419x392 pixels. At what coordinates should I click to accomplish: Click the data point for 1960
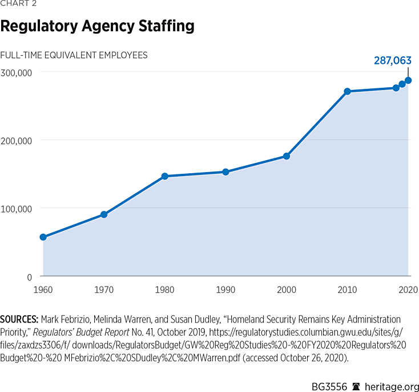[43, 237]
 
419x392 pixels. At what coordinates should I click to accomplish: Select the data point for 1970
[104, 215]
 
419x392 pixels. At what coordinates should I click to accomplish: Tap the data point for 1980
[164, 177]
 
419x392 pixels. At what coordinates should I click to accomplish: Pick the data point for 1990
[225, 172]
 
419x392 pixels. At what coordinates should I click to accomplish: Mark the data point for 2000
[287, 156]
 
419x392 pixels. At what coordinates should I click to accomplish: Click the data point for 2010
[347, 92]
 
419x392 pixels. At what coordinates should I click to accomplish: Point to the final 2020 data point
[408, 80]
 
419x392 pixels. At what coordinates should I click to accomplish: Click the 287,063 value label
[393, 60]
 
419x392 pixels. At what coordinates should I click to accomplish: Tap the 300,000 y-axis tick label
[16, 72]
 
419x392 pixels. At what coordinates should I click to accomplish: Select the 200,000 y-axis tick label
[16, 140]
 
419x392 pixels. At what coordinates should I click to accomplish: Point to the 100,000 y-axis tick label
[16, 209]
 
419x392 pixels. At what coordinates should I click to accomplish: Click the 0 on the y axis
[29, 277]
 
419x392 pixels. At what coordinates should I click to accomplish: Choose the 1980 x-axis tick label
[164, 290]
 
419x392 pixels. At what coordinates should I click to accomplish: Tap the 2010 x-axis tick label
[347, 290]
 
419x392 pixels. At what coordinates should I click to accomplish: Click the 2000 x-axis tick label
[287, 290]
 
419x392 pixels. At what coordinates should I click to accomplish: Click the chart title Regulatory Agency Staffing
[97, 26]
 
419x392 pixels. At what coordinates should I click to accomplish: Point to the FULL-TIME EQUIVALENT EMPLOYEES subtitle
[74, 55]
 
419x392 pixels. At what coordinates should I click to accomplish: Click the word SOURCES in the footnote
[19, 319]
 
